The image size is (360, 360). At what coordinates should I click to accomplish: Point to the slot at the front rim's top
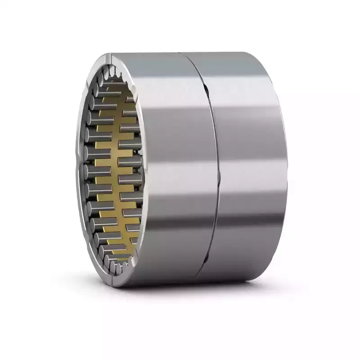(x=110, y=57)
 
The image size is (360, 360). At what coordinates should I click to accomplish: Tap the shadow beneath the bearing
(x=189, y=292)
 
